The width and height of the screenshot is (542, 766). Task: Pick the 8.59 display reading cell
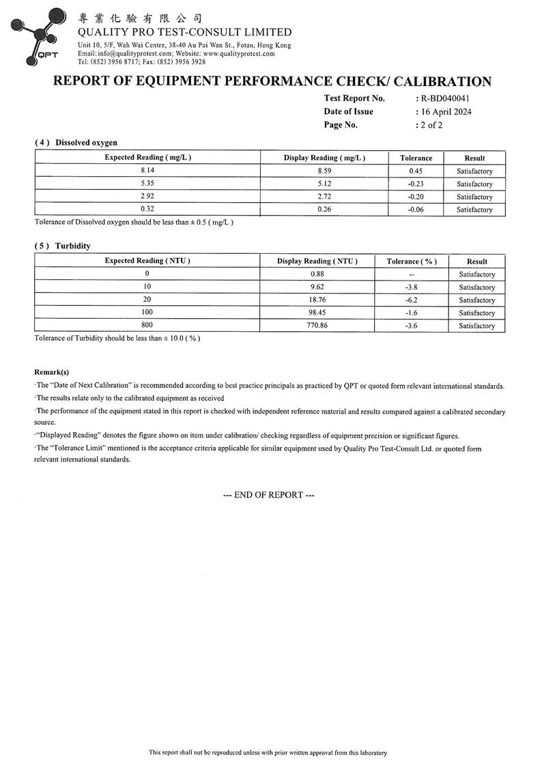coord(324,171)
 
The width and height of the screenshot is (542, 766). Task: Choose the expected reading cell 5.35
coord(147,184)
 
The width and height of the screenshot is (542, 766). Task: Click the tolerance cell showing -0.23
coord(416,184)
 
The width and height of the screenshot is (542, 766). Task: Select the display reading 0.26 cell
coord(324,210)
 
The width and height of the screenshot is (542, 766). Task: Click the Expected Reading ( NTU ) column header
coord(147,261)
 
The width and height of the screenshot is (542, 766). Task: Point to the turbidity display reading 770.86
coord(317,326)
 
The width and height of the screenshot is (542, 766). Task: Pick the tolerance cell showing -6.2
coord(412,300)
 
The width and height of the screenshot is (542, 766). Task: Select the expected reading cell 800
coord(147,326)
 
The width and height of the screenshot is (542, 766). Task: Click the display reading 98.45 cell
coord(317,313)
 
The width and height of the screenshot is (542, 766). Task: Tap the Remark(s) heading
coord(52,372)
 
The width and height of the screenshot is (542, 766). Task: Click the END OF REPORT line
coord(269,495)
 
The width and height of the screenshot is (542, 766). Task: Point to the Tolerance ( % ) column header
coord(412,261)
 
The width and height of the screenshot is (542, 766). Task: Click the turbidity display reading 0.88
coord(317,274)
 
